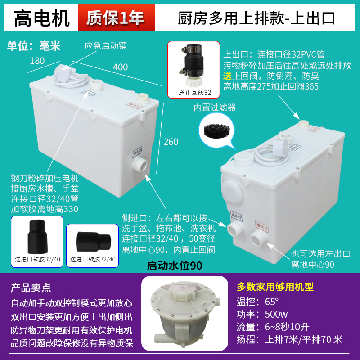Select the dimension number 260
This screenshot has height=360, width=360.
[171, 142]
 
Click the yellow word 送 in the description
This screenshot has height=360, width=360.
[228, 76]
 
